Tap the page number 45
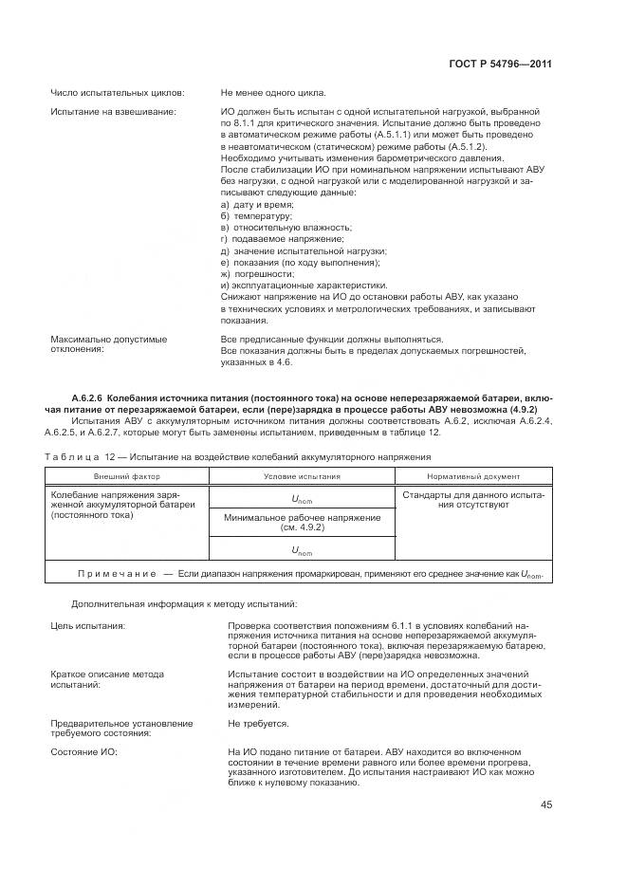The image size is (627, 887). tap(547, 805)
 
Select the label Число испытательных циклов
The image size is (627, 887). tap(117, 93)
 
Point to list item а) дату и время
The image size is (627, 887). tap(257, 204)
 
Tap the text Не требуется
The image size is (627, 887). tap(258, 724)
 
